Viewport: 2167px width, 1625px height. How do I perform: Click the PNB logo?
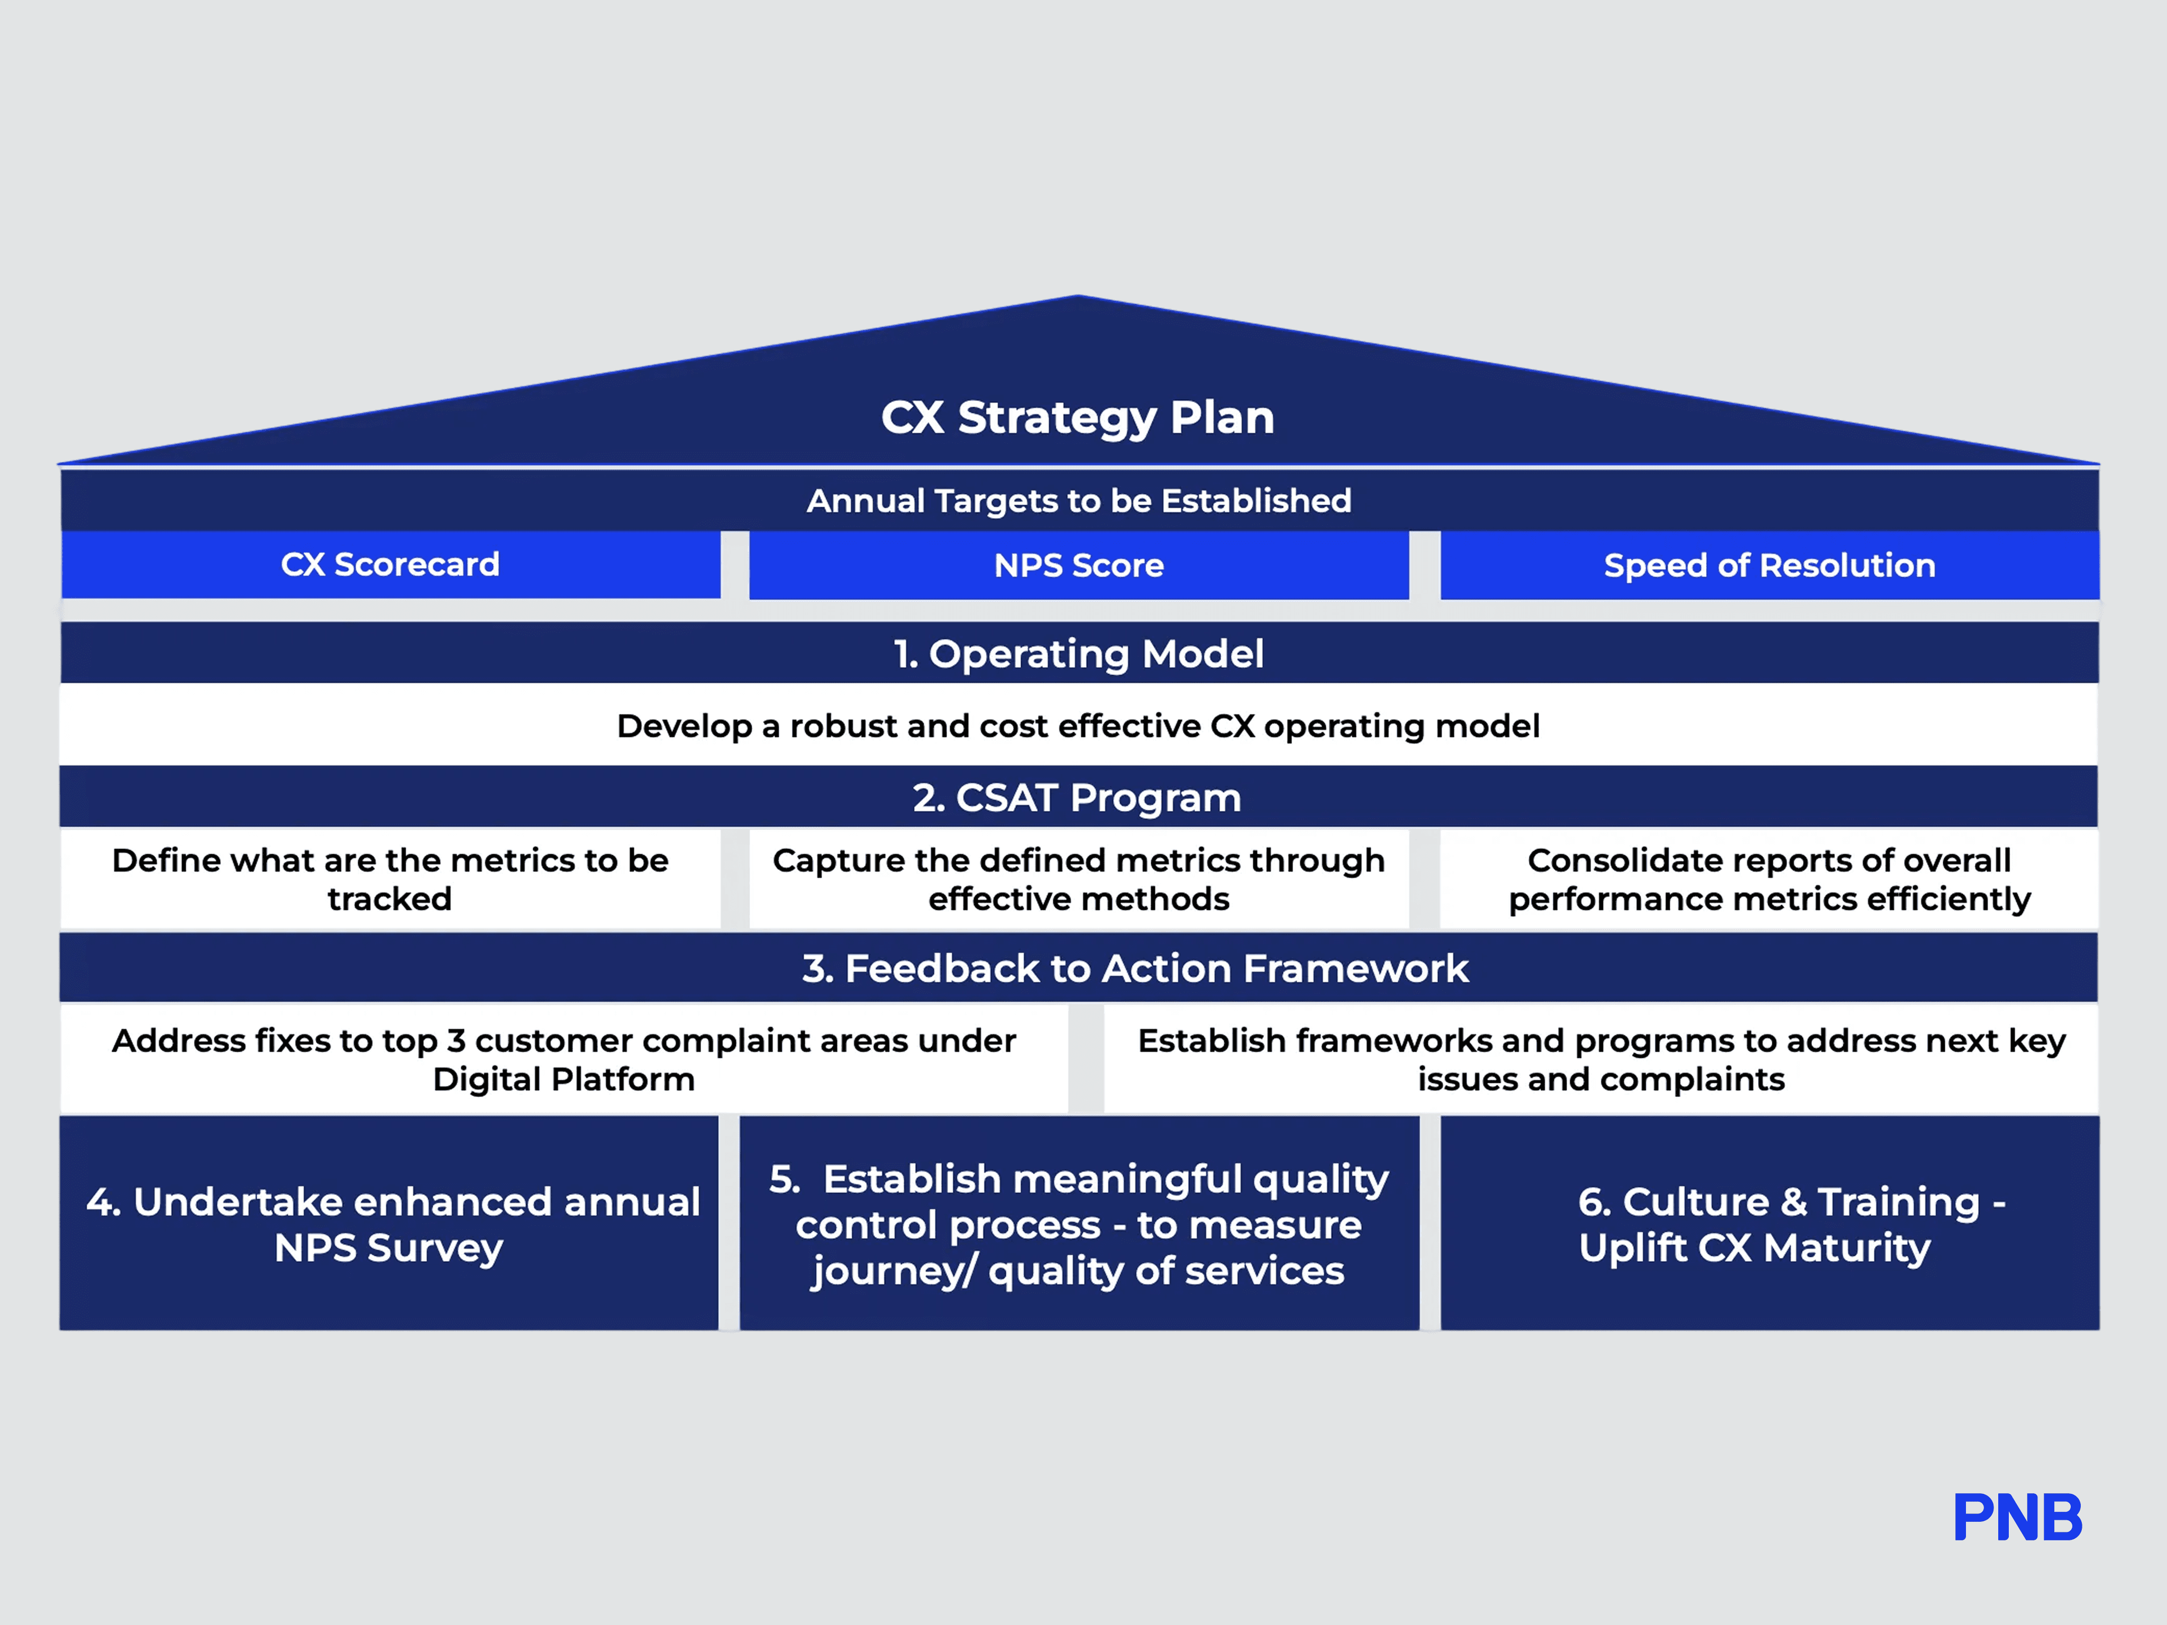click(x=2017, y=1517)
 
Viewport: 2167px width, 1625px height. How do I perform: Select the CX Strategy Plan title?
click(x=1078, y=417)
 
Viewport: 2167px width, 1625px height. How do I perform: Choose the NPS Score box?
click(x=1079, y=565)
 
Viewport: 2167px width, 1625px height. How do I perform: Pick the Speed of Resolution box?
click(x=1769, y=565)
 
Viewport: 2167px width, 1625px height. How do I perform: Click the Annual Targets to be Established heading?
click(x=1079, y=500)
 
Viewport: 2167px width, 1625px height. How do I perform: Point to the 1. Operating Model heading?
click(x=1079, y=653)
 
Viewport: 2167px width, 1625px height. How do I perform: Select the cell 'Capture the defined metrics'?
click(x=1079, y=879)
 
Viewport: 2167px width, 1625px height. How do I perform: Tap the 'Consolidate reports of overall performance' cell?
click(x=1769, y=879)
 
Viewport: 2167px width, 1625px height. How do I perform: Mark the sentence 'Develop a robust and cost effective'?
click(x=1078, y=726)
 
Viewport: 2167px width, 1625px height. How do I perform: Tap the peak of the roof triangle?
click(x=1078, y=298)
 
